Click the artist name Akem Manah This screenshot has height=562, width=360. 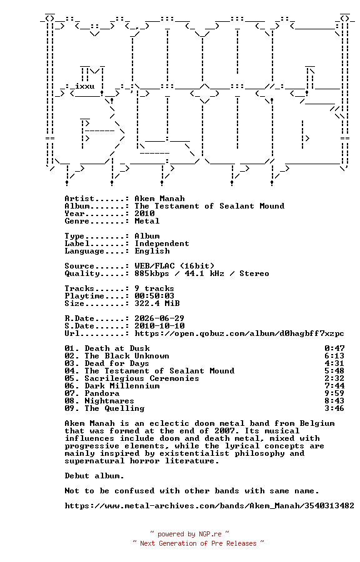click(159, 199)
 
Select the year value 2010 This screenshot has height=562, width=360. click(144, 214)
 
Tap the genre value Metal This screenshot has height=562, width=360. click(147, 221)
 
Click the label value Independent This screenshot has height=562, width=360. click(162, 244)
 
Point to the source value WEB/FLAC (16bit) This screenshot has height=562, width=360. click(174, 266)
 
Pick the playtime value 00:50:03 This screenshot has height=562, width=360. click(154, 296)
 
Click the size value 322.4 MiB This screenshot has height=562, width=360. click(157, 303)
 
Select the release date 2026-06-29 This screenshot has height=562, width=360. click(159, 318)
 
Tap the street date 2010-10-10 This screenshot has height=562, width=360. click(159, 326)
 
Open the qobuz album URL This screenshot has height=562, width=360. click(239, 333)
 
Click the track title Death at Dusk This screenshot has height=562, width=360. click(117, 348)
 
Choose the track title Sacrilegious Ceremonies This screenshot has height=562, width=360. click(142, 378)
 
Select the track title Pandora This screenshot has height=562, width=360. click(102, 393)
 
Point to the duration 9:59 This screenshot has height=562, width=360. click(334, 393)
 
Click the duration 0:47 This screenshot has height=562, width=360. click(334, 348)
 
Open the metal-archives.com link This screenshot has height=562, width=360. click(209, 506)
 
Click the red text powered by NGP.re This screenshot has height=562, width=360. click(189, 535)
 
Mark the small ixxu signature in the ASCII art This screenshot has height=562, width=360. click(84, 86)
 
